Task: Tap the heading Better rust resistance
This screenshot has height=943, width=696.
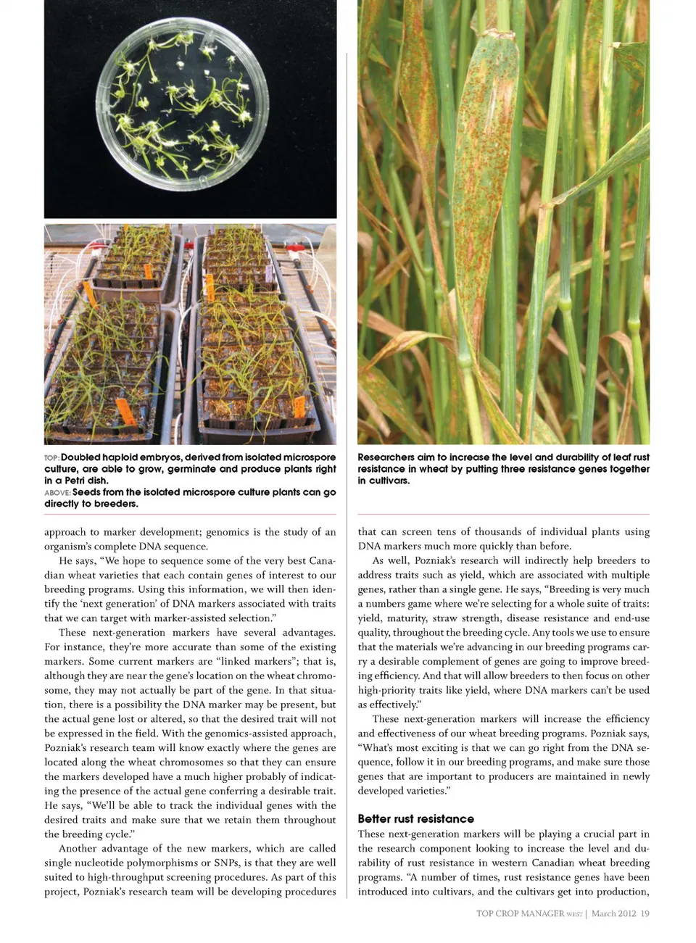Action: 415,818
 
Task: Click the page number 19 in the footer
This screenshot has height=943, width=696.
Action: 645,913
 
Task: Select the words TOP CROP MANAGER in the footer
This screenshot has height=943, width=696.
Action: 519,913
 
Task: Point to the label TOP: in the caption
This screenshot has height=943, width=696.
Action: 51,458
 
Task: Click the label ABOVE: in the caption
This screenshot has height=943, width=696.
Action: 57,493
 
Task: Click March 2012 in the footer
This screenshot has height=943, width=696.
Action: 613,913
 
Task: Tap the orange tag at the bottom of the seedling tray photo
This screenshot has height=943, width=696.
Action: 125,411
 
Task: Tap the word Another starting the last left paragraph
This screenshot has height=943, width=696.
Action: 78,848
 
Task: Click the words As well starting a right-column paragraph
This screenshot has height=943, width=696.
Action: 389,560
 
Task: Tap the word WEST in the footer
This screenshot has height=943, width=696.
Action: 574,914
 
